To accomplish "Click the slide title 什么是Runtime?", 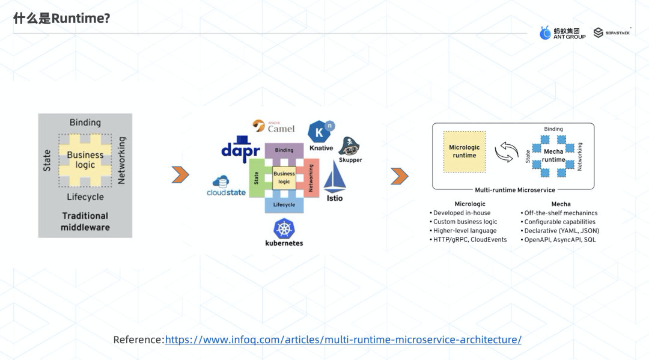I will pos(62,19).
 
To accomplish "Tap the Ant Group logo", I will pos(562,33).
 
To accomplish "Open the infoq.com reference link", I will pos(343,340).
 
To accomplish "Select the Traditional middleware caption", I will pos(85,221).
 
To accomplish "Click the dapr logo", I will pos(240,148).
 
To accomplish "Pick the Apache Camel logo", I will pos(274,126).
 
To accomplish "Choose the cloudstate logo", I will pos(225,186).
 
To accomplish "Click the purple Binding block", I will pos(284,150).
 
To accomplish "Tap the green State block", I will pos(256,178).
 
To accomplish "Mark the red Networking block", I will pos(311,178).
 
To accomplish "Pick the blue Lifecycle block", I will pos(284,205).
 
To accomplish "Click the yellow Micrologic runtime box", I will pos(465,151).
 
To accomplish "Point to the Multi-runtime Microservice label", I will pos(515,189).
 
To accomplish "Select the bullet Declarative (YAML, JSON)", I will pos(559,231).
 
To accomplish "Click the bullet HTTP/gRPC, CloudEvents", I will pos(468,240).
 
